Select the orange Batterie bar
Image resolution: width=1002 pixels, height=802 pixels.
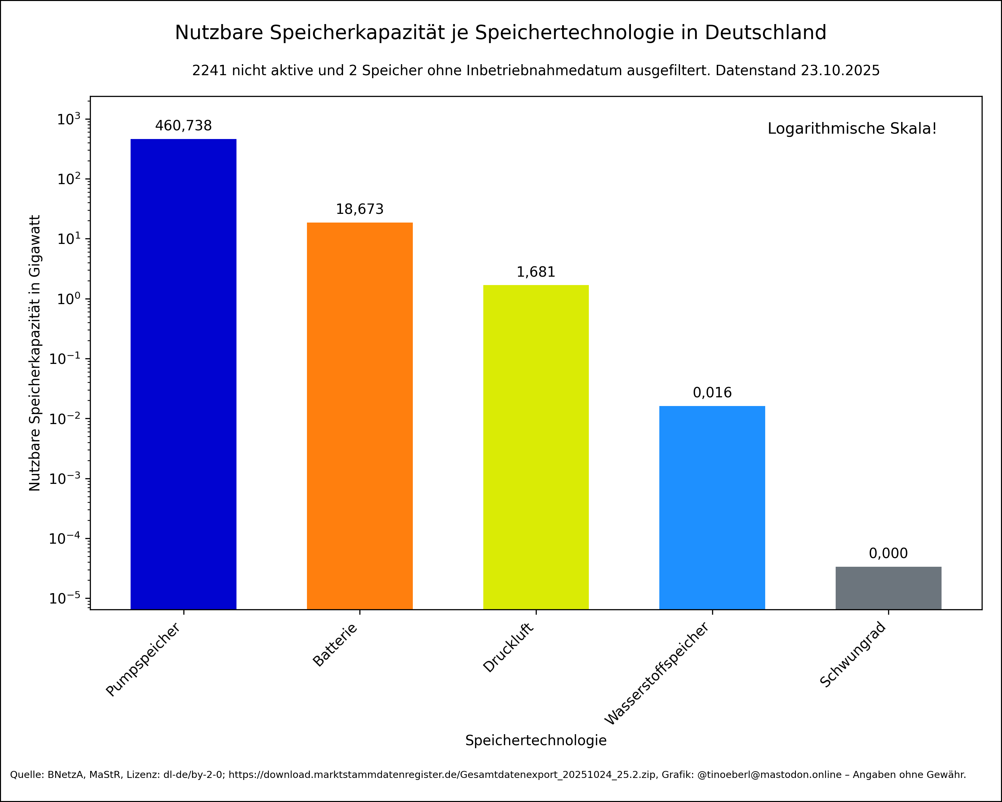[359, 416]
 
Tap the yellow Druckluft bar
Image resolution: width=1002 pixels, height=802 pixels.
[536, 447]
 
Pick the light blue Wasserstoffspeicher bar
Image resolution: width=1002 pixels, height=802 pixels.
[712, 507]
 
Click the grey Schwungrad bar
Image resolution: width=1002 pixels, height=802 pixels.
[888, 588]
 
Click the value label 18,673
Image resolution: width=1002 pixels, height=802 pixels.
[359, 209]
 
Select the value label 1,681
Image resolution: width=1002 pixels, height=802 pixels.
[536, 272]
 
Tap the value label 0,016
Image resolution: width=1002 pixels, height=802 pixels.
[712, 393]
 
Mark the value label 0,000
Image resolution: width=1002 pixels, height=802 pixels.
[888, 553]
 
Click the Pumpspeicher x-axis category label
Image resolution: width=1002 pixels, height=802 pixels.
[143, 660]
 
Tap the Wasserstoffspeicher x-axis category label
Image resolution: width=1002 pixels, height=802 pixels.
[657, 674]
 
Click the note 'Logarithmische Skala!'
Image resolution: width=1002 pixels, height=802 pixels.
[852, 129]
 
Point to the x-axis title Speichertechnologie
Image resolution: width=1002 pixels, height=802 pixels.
[536, 741]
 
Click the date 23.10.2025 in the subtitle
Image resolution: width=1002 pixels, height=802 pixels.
[840, 71]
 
